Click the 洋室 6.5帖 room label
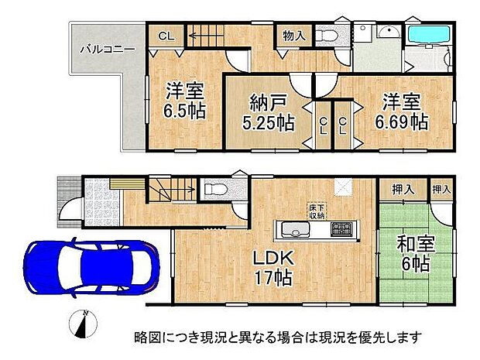pyautogui.click(x=184, y=100)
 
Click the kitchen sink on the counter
pyautogui.click(x=295, y=229)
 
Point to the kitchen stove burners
pyautogui.click(x=341, y=229)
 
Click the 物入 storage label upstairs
pyautogui.click(x=293, y=34)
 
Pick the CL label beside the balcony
pyautogui.click(x=166, y=36)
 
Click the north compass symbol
pyautogui.click(x=84, y=324)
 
